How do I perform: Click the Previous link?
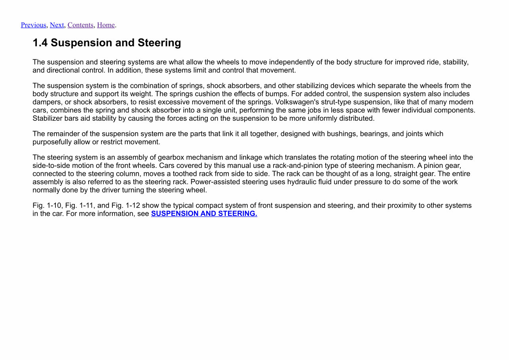click(x=33, y=25)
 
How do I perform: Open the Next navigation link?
click(x=57, y=25)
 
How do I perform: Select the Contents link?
click(x=80, y=25)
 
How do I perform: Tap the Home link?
click(x=106, y=25)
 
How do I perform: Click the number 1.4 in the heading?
click(x=40, y=43)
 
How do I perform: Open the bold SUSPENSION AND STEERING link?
click(x=204, y=214)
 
